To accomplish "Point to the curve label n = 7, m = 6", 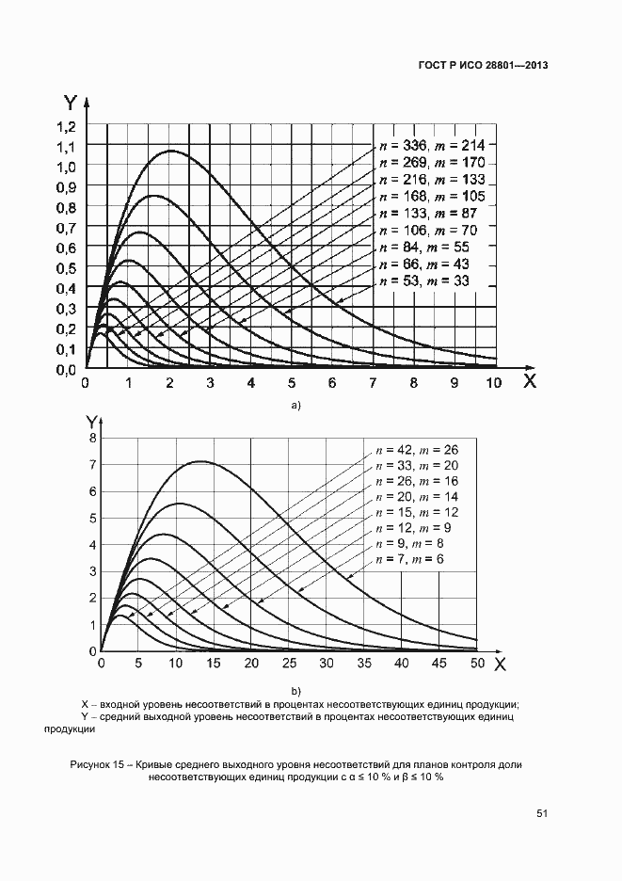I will click(x=408, y=559).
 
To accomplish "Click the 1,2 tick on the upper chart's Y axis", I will click(x=66, y=126).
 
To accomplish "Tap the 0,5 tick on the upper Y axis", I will click(x=66, y=268).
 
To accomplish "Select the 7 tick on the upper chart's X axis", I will click(x=373, y=384).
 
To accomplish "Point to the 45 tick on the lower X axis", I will click(x=439, y=664).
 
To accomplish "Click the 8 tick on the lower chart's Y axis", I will click(x=92, y=438).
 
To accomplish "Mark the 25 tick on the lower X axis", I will click(x=289, y=664).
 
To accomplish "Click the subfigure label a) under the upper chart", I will click(x=295, y=406).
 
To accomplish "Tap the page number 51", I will click(x=542, y=813).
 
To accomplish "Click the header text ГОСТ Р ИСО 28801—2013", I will click(x=483, y=66).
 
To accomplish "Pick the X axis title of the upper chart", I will click(x=530, y=381).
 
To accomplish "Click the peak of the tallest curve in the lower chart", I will click(x=199, y=461).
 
